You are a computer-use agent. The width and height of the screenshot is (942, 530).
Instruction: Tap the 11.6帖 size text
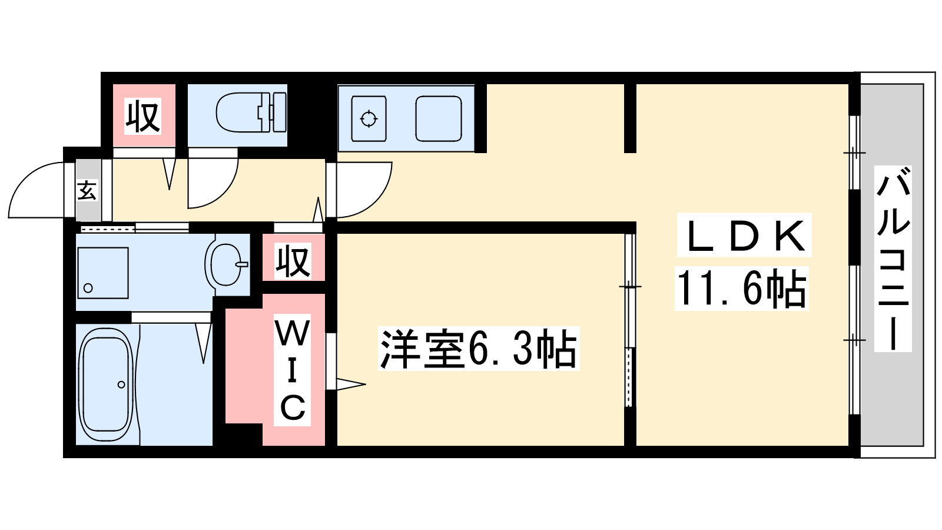(742, 289)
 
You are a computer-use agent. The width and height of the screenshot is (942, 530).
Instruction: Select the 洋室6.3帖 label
(478, 349)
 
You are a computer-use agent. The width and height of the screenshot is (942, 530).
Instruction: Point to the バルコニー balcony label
(893, 259)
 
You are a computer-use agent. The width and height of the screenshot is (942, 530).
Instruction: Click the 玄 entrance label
(87, 190)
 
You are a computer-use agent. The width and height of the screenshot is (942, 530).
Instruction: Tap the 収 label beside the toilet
(143, 117)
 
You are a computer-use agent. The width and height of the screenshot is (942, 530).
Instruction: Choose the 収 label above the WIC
(293, 260)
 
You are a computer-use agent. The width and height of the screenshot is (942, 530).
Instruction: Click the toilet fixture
(250, 112)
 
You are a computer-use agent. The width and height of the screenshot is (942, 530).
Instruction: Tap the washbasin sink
(225, 264)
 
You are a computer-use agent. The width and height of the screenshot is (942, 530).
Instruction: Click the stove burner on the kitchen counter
(369, 119)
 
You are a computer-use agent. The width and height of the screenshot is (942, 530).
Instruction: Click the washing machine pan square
(102, 273)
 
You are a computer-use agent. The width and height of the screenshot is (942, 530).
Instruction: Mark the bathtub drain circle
(121, 385)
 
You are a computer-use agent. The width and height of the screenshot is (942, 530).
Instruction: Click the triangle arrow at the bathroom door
(204, 342)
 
